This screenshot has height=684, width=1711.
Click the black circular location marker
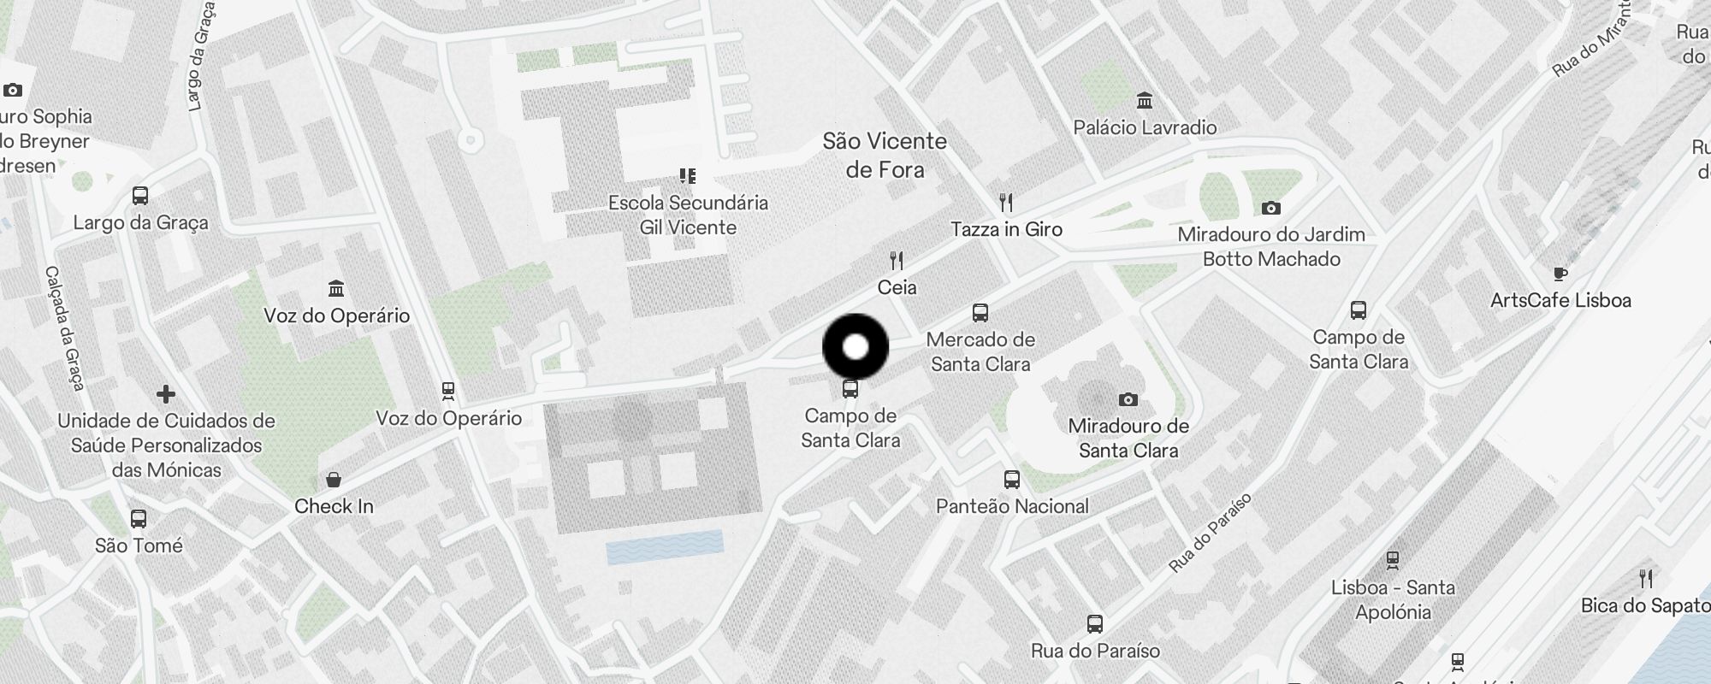coord(855,347)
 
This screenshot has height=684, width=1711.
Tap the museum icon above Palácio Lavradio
coord(1145,101)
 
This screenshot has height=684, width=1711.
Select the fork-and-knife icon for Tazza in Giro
coord(1007,203)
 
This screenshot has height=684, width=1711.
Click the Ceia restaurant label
coord(897,287)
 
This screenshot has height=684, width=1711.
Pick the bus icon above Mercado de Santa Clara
coord(980,313)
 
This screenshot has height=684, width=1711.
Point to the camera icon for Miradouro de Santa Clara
coord(1128,399)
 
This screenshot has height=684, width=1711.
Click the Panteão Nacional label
coord(1012,506)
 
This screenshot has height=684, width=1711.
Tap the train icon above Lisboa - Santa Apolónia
coord(1393,561)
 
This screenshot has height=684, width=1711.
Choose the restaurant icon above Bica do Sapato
coord(1646,579)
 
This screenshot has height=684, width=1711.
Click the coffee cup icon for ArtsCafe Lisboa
coord(1560,274)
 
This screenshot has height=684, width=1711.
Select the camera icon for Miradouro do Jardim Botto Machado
coord(1271,208)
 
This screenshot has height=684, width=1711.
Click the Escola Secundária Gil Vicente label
coord(688,215)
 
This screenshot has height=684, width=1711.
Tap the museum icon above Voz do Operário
coord(336,288)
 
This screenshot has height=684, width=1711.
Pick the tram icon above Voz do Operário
coord(447,392)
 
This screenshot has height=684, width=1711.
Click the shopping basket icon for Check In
coord(334,480)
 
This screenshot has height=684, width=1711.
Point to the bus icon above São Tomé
coord(139,519)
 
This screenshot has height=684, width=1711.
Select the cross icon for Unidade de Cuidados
coord(166,394)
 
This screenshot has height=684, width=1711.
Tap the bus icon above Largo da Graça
coord(140,196)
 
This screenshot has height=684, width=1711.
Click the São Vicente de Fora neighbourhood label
coord(885,155)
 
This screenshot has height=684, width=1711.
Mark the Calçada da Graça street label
coord(65,328)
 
